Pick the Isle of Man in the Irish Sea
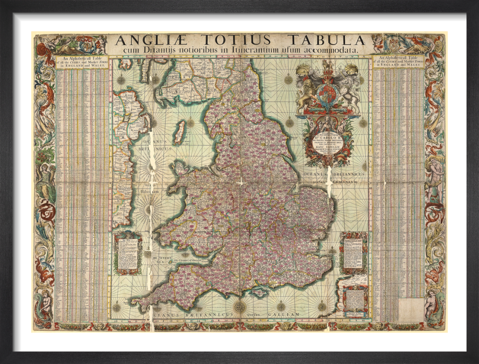180,132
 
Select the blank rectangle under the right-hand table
411,309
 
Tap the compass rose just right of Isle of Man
191,123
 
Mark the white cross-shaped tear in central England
241,183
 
